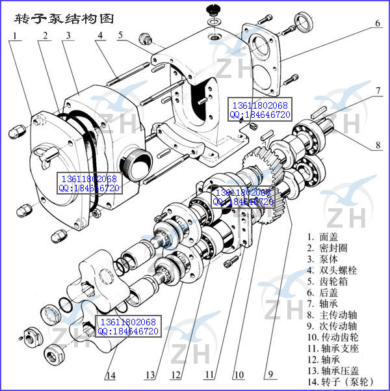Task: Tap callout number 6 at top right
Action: click(378, 24)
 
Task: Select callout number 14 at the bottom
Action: click(110, 375)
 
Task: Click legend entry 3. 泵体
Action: click(331, 258)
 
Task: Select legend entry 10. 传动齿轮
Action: click(339, 337)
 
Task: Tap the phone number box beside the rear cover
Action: click(259, 109)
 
